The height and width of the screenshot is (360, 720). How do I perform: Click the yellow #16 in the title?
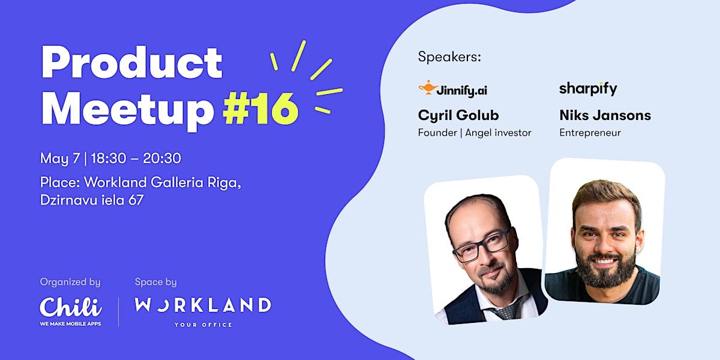coord(260,109)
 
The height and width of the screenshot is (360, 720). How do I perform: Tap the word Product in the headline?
coord(132,62)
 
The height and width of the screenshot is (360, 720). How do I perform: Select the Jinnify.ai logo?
coord(452,89)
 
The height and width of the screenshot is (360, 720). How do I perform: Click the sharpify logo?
coord(588,88)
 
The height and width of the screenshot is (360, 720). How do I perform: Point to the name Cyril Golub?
coord(458,115)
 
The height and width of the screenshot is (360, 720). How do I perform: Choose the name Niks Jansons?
coord(605,115)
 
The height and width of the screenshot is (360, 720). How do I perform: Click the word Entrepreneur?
coord(590,133)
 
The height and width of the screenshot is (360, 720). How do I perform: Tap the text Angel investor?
coord(498,133)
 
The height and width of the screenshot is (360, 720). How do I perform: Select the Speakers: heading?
coord(449,57)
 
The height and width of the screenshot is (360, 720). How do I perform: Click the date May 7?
coord(60,158)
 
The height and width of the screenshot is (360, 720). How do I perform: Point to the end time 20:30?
coord(162,158)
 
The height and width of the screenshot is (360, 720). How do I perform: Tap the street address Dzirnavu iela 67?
coord(92,200)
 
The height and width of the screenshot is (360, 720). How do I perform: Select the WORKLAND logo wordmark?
coord(203,305)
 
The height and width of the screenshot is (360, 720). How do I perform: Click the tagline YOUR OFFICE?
coord(203,325)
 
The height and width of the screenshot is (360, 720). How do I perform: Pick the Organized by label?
coord(70,282)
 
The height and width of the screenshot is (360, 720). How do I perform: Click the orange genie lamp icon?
coord(428,88)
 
